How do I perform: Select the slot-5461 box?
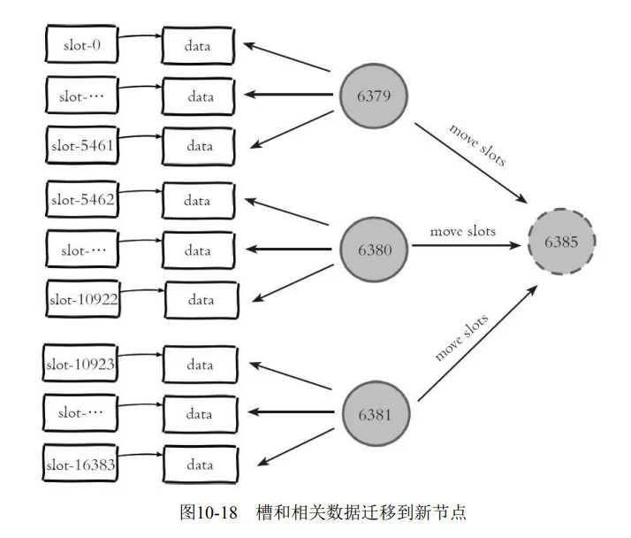click(x=82, y=143)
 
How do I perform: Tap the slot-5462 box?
click(x=82, y=200)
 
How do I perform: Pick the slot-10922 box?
click(x=82, y=299)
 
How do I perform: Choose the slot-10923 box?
click(x=82, y=364)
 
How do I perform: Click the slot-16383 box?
click(x=82, y=463)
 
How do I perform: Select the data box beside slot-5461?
click(x=198, y=144)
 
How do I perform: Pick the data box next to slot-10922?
click(x=201, y=300)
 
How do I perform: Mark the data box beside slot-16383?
click(x=200, y=463)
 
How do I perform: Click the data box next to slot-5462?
click(x=198, y=201)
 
